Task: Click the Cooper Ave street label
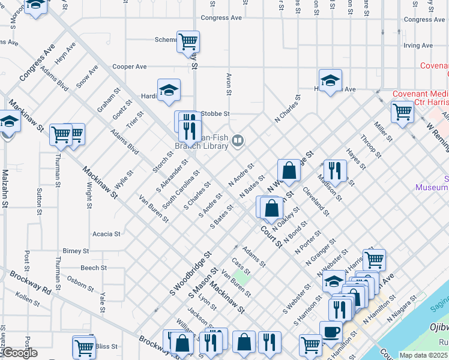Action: (x=130, y=67)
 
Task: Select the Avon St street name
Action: (x=229, y=85)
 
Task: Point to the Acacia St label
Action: (x=107, y=233)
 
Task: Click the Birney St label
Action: (x=76, y=251)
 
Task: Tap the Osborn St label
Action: (x=80, y=283)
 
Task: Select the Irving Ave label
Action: (x=419, y=45)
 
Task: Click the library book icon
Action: (x=238, y=140)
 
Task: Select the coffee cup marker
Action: (x=331, y=332)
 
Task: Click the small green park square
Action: (x=241, y=277)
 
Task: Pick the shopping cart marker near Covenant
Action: (x=402, y=112)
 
